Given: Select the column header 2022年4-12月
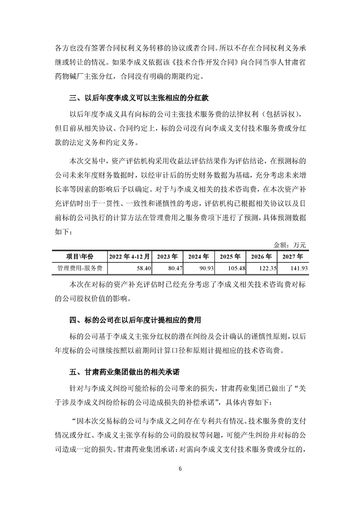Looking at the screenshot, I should (129, 256).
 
